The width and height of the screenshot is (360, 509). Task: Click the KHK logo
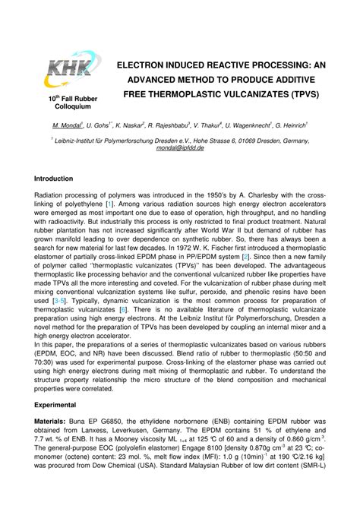coord(71,73)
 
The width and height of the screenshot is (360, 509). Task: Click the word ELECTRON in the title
coord(144,66)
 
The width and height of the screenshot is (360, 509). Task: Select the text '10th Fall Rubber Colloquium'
coord(71,103)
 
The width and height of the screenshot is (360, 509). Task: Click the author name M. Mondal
coord(68,125)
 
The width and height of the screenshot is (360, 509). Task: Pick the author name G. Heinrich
coord(293,125)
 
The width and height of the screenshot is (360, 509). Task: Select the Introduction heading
coord(53,179)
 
